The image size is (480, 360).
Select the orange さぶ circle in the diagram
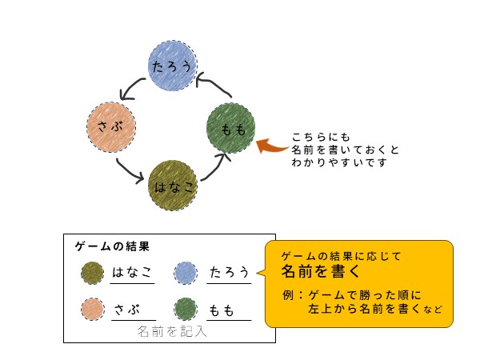[x=111, y=126]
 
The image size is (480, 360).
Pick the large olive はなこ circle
[x=173, y=186]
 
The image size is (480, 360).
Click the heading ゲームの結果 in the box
[x=112, y=246]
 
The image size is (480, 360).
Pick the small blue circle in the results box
[x=186, y=274]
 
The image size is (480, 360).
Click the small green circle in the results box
[x=186, y=309]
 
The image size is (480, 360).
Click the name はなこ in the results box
[x=132, y=273]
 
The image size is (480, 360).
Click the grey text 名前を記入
[x=171, y=330]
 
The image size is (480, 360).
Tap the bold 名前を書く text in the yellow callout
[x=320, y=271]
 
